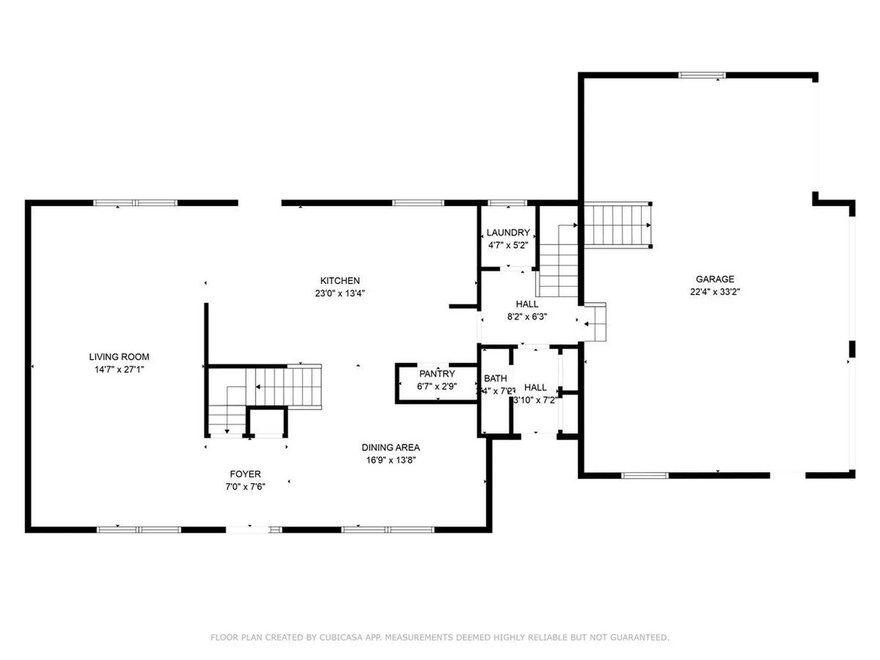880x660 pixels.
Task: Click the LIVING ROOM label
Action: (x=119, y=357)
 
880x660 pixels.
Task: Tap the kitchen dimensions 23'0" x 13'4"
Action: (x=340, y=293)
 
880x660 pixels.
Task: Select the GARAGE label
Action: (x=715, y=279)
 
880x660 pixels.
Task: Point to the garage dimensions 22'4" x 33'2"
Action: (x=715, y=291)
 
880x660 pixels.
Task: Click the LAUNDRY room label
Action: (x=508, y=232)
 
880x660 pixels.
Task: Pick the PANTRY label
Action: (x=437, y=374)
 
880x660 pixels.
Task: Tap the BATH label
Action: (x=495, y=378)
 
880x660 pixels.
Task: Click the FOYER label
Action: (x=245, y=474)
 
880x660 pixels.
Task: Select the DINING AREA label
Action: (x=390, y=447)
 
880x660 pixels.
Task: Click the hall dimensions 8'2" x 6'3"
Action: (x=527, y=316)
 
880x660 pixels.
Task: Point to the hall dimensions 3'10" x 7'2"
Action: (x=535, y=400)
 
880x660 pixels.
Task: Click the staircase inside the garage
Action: (x=617, y=225)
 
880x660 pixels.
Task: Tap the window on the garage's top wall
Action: (x=702, y=75)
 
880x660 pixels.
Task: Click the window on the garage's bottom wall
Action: (x=644, y=475)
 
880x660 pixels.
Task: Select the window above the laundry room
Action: (x=507, y=203)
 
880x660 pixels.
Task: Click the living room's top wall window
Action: (x=135, y=203)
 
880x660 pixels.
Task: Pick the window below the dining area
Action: (x=388, y=530)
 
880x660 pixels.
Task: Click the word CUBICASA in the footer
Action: (x=341, y=637)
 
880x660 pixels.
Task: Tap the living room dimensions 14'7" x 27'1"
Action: (x=119, y=369)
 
